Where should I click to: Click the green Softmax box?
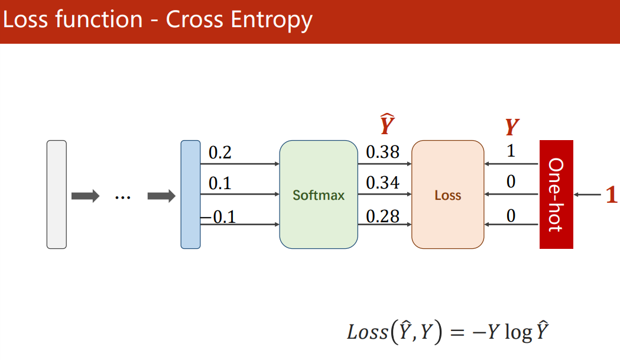319,194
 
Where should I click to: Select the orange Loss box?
447,194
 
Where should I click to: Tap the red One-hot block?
556,194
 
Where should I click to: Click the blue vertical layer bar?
190,194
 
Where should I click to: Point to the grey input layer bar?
57,194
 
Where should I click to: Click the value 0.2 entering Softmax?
220,153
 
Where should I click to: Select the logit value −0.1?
219,217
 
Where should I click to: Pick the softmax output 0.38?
382,153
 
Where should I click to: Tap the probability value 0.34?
382,183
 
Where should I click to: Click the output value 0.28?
382,216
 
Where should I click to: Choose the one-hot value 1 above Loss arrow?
511,151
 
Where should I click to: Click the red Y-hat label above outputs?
387,126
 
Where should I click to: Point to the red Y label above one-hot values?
512,127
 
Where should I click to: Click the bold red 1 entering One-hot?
612,196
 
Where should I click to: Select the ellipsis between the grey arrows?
122,196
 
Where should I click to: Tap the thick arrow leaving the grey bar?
85,196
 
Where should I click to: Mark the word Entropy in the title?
271,20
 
